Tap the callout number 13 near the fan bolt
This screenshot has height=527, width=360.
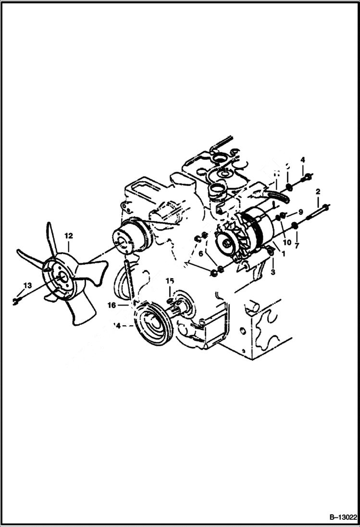point(27,285)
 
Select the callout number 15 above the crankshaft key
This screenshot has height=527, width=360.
point(170,280)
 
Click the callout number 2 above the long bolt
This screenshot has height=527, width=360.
point(318,192)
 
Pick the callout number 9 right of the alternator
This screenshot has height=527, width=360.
point(300,212)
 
